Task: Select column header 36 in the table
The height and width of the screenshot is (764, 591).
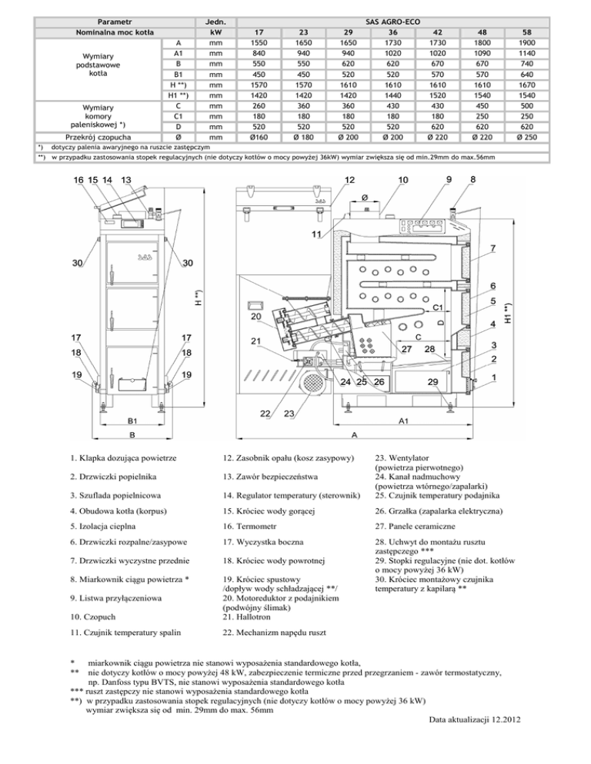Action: click(x=394, y=33)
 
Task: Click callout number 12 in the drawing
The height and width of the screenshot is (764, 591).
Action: click(x=349, y=180)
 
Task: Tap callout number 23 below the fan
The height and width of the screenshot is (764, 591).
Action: click(x=289, y=414)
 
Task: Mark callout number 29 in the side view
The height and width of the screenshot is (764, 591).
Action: click(x=433, y=382)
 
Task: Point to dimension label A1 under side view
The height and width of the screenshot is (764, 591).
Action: click(x=404, y=421)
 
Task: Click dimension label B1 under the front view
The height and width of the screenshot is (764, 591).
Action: click(x=133, y=421)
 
